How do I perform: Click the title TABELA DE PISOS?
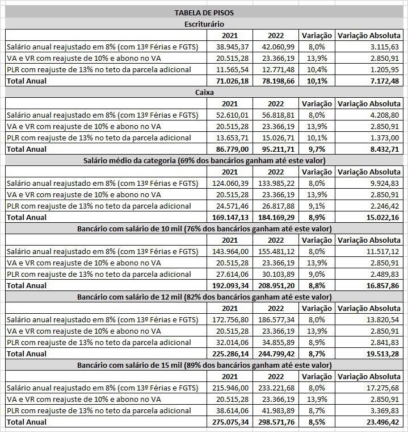[204, 13]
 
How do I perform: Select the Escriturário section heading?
[204, 24]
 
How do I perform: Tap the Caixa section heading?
[204, 92]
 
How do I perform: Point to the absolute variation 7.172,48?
[384, 81]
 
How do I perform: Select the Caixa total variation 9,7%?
[317, 149]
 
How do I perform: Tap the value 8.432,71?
[384, 149]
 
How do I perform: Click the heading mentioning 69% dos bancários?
[204, 160]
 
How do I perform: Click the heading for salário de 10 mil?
[204, 229]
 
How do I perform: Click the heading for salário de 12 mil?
[204, 297]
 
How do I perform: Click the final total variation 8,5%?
[317, 422]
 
